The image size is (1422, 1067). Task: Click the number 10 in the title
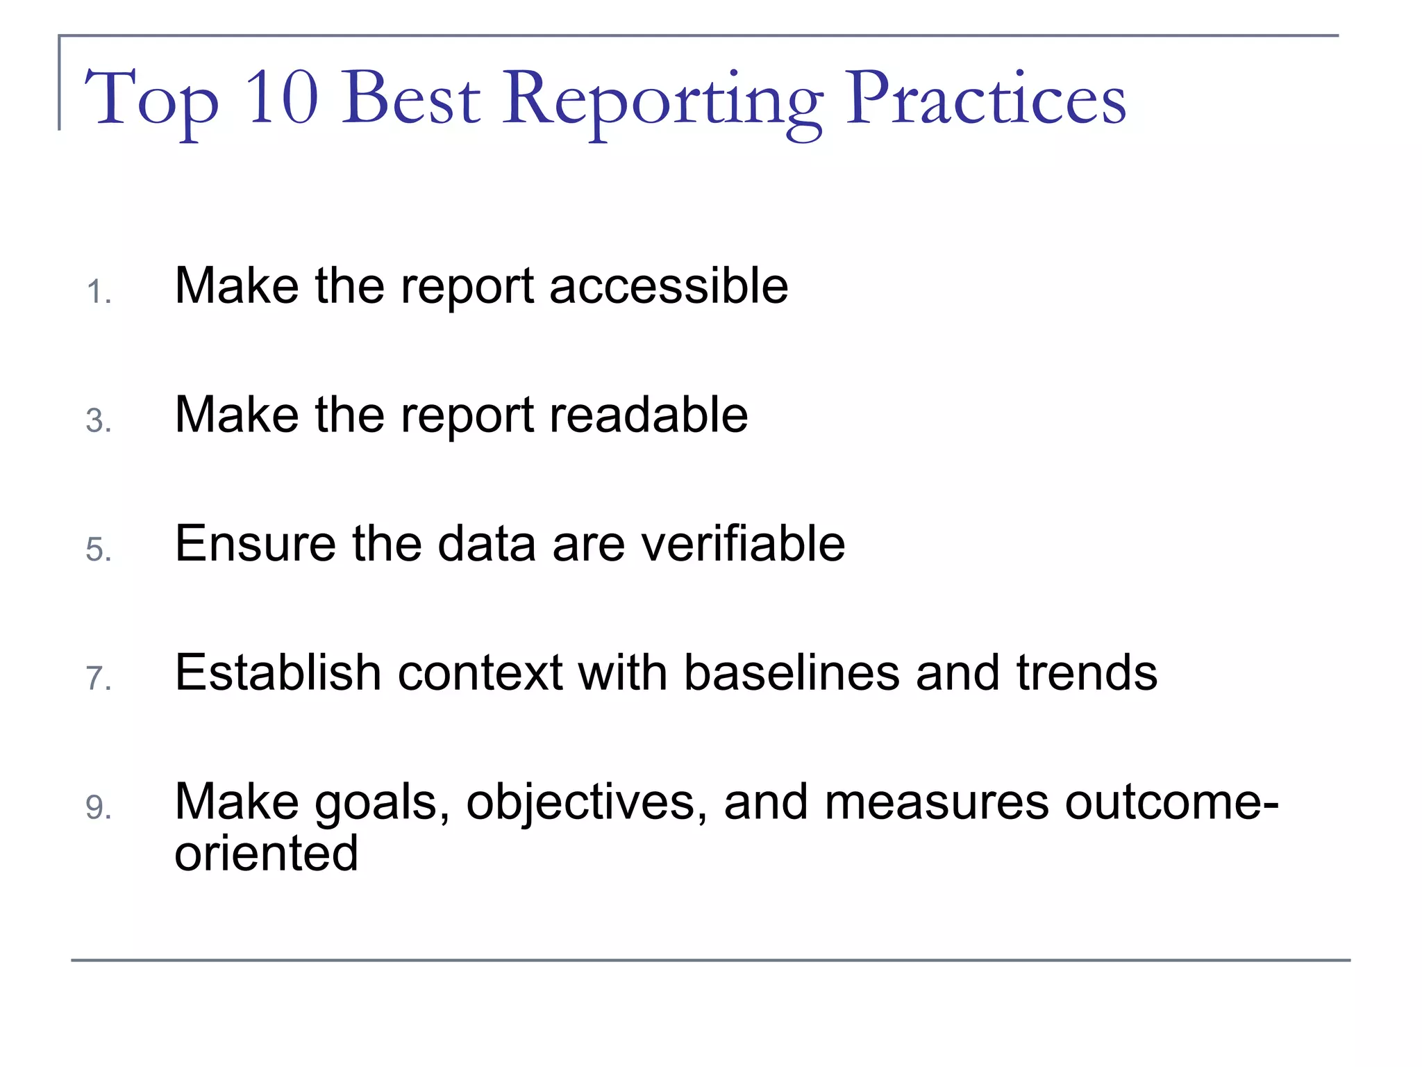tap(282, 99)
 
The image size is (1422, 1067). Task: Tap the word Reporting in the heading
tap(663, 101)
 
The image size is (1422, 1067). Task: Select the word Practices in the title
tap(985, 99)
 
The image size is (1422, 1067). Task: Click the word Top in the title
tap(151, 101)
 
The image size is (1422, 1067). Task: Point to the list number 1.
tap(98, 292)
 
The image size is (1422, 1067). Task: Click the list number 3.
tap(98, 421)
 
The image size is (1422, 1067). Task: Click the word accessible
tap(669, 286)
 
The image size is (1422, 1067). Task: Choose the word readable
tap(649, 415)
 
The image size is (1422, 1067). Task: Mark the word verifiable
tap(743, 544)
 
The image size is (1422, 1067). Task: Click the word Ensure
tap(255, 544)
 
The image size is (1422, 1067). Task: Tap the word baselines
tap(792, 672)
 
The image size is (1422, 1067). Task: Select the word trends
tap(1087, 672)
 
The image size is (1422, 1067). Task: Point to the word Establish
tap(278, 672)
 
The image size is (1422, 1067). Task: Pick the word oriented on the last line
tap(266, 853)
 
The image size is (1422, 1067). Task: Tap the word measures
tap(937, 802)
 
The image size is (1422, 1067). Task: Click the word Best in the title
tap(410, 99)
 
